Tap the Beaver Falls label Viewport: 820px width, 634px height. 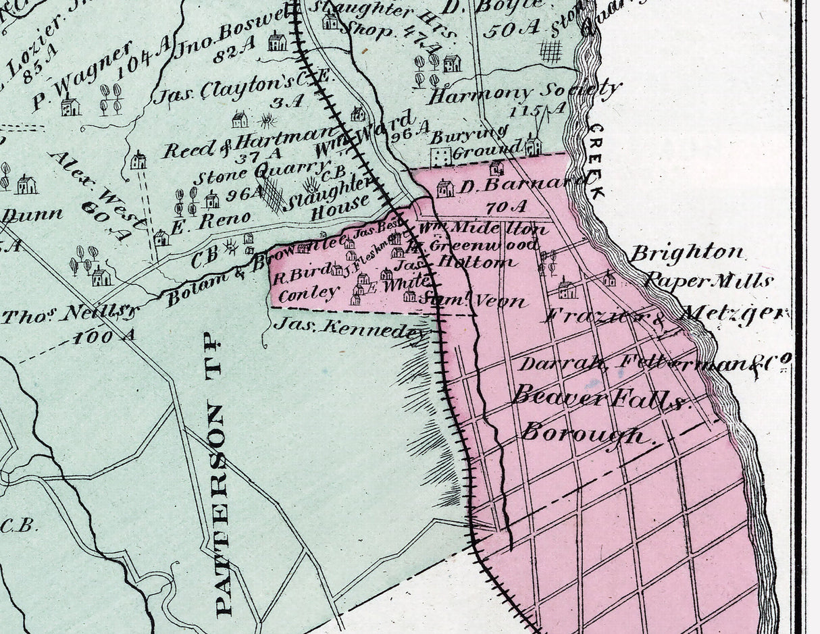(x=599, y=398)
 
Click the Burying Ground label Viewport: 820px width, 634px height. (x=478, y=142)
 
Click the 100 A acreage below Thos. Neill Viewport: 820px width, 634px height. (x=104, y=335)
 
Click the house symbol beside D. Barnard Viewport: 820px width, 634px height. (x=445, y=188)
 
